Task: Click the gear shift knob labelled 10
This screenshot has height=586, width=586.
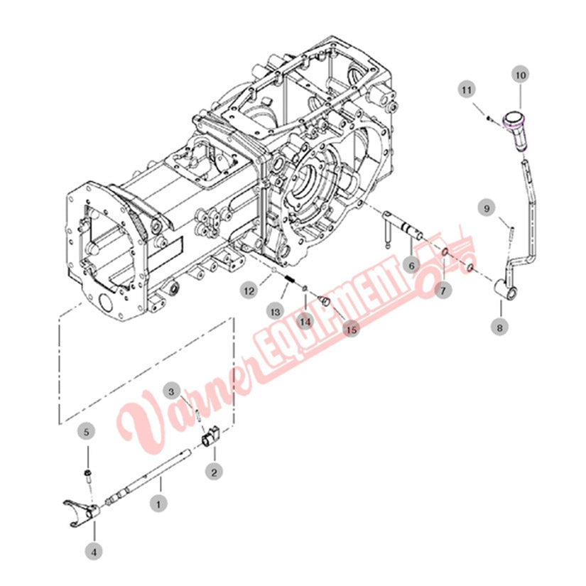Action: (514, 131)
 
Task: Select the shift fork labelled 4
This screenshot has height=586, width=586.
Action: (81, 513)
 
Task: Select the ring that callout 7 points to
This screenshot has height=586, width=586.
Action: (445, 254)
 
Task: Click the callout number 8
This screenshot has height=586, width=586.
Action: (499, 327)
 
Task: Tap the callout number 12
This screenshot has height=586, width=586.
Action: (249, 291)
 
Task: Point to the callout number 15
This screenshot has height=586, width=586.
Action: (352, 330)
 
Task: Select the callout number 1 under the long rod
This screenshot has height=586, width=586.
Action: (158, 504)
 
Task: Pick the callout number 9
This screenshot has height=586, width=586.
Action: (487, 208)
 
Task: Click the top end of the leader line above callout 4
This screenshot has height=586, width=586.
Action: (94, 522)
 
